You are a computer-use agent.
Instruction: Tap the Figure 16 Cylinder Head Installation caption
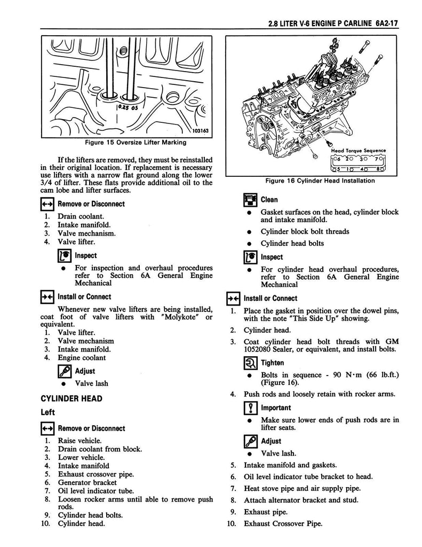(x=320, y=181)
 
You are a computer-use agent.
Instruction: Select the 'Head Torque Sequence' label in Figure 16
(x=358, y=151)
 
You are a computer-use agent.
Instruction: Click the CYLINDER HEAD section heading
(x=72, y=398)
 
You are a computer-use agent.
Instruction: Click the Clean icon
(x=250, y=200)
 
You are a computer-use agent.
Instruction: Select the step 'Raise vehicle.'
(x=79, y=440)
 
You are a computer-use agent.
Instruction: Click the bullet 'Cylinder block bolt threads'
(x=305, y=232)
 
